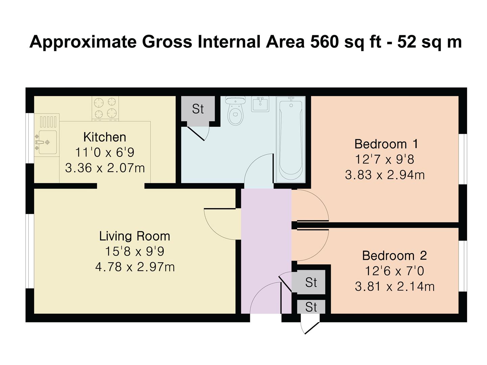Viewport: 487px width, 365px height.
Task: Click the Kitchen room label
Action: tap(105, 137)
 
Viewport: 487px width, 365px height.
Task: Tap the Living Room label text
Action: tap(135, 236)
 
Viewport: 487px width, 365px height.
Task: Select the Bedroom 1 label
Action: tap(386, 144)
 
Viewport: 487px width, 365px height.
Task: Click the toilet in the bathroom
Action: tap(235, 111)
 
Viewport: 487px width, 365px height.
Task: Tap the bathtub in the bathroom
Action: tap(291, 140)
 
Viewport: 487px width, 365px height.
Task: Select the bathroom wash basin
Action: tap(260, 104)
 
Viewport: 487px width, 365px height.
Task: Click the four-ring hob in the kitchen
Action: tap(106, 108)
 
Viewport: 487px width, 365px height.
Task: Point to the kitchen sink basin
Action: tap(47, 142)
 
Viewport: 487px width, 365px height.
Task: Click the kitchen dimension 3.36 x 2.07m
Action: tap(105, 168)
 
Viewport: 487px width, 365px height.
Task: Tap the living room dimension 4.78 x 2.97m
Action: tap(135, 267)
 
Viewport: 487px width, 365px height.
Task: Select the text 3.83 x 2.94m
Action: tap(385, 175)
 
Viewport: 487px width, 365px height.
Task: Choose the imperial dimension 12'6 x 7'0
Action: tap(394, 271)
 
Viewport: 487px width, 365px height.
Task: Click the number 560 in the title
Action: tap(324, 42)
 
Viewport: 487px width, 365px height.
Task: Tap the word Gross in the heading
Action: tap(167, 42)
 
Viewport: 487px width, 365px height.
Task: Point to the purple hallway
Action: tap(266, 251)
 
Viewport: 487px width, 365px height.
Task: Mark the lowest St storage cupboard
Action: tap(311, 307)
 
